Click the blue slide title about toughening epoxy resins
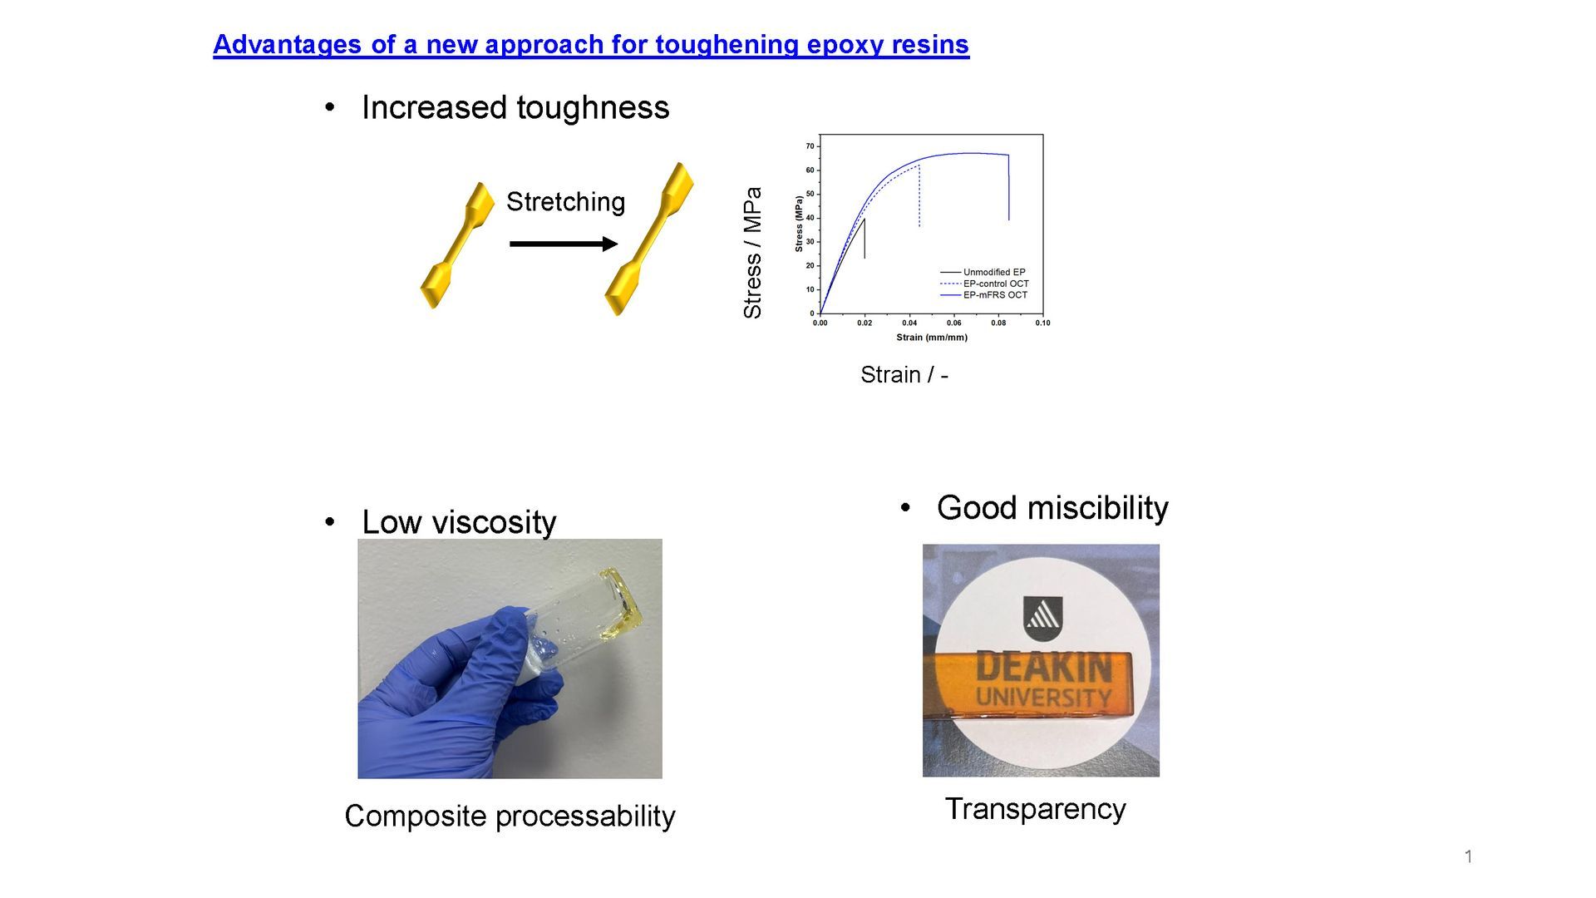tap(591, 44)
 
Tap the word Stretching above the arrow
tap(565, 202)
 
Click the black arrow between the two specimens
tap(564, 244)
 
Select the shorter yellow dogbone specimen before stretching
tap(457, 245)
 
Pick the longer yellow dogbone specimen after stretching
tap(648, 239)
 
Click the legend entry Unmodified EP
tap(994, 272)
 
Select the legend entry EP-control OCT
tap(996, 284)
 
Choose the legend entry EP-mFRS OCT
tap(995, 294)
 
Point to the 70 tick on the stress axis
tap(810, 146)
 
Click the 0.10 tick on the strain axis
tap(1042, 323)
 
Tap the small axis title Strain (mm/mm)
tap(932, 338)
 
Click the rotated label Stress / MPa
tap(752, 253)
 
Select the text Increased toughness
tap(515, 107)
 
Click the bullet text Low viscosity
tap(459, 522)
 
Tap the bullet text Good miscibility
tap(1052, 508)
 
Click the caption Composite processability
tap(510, 817)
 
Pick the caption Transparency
tap(1035, 809)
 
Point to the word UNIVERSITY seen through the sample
tap(1044, 697)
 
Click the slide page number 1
tap(1469, 856)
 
